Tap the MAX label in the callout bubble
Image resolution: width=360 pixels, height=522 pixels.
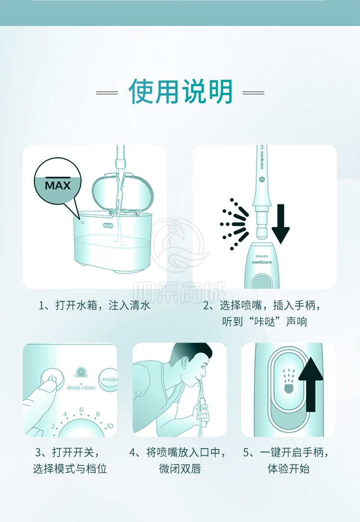(x=58, y=185)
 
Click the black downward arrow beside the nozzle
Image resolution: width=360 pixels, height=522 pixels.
(x=280, y=224)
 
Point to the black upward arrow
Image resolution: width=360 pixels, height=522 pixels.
(x=311, y=384)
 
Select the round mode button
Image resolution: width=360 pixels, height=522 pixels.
(x=108, y=379)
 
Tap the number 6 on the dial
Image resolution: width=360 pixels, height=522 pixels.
(x=81, y=410)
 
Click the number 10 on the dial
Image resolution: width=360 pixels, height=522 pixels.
(x=109, y=426)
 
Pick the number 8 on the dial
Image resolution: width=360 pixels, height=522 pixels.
(x=97, y=414)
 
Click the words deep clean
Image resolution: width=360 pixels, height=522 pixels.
(x=81, y=388)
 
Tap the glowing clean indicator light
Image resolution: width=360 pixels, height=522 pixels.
(x=81, y=370)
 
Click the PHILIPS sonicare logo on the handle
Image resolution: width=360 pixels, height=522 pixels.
(x=262, y=260)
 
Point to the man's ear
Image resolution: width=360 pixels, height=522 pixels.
(x=183, y=362)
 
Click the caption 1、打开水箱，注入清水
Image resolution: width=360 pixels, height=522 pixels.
(x=94, y=305)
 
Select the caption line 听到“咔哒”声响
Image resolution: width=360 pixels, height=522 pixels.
(x=264, y=322)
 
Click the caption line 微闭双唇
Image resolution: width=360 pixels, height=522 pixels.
(x=180, y=469)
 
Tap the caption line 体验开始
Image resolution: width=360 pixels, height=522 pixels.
(x=288, y=469)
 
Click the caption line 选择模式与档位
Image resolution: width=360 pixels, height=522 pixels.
(x=70, y=469)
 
